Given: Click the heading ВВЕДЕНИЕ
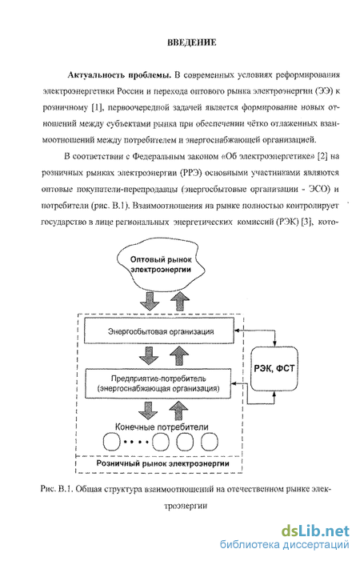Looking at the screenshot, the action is click(192, 42).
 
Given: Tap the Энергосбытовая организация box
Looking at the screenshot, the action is click(161, 331).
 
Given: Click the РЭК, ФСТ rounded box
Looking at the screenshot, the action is click(274, 368).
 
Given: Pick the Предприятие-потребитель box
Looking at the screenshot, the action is click(158, 383).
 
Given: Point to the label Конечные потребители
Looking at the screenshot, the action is click(162, 427).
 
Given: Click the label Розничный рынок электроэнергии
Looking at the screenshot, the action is click(162, 463).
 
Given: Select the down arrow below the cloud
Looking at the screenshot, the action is click(150, 302).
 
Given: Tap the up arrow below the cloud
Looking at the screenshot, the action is click(179, 302).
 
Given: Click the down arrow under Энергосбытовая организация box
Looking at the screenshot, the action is click(149, 355).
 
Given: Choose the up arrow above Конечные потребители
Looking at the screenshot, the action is click(178, 410).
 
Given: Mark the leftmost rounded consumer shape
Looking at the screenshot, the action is click(111, 443).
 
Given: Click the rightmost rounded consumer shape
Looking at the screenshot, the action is click(209, 443).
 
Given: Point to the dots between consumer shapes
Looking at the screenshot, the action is click(136, 443).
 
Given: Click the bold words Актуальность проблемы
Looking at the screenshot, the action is click(119, 75).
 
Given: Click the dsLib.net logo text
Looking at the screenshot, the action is click(314, 531).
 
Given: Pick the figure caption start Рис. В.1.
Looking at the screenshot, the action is click(57, 489).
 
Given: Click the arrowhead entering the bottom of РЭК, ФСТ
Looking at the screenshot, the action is click(274, 394).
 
